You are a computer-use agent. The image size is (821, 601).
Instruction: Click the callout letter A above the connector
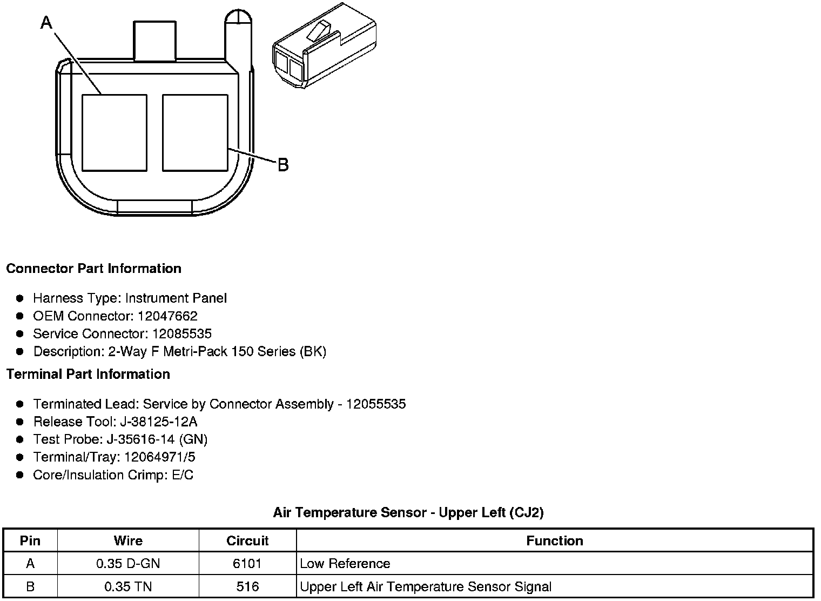46,23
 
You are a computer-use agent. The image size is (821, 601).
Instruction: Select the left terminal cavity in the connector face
115,133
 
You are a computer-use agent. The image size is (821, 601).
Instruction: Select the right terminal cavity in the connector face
195,133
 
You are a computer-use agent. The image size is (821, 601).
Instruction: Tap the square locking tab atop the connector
154,41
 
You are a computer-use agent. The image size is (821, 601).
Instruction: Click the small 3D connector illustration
325,45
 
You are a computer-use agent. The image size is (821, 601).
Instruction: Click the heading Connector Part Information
94,269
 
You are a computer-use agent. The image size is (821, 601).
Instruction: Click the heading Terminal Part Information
89,374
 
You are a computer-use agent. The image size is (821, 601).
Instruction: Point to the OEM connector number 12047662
167,316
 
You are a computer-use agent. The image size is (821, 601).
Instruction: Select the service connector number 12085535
182,333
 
